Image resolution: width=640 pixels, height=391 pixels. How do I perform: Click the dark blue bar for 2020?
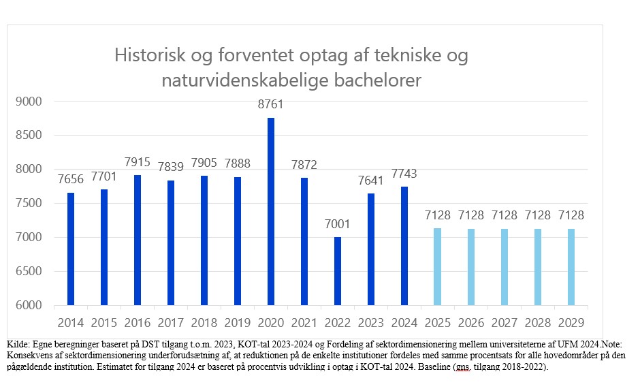(x=271, y=211)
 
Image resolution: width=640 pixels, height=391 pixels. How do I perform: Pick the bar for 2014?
(x=71, y=249)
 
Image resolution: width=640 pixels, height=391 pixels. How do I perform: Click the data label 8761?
(x=271, y=105)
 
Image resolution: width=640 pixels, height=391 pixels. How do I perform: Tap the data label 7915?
(x=138, y=163)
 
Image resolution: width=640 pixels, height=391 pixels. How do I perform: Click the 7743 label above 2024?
(x=404, y=174)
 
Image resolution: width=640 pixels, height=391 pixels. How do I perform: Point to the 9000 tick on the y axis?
(x=29, y=101)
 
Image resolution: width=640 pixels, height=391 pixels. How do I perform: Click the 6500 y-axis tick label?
(x=29, y=271)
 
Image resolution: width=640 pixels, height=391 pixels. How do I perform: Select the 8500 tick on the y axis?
(x=29, y=136)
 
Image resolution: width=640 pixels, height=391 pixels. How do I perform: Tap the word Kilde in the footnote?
(x=18, y=344)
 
